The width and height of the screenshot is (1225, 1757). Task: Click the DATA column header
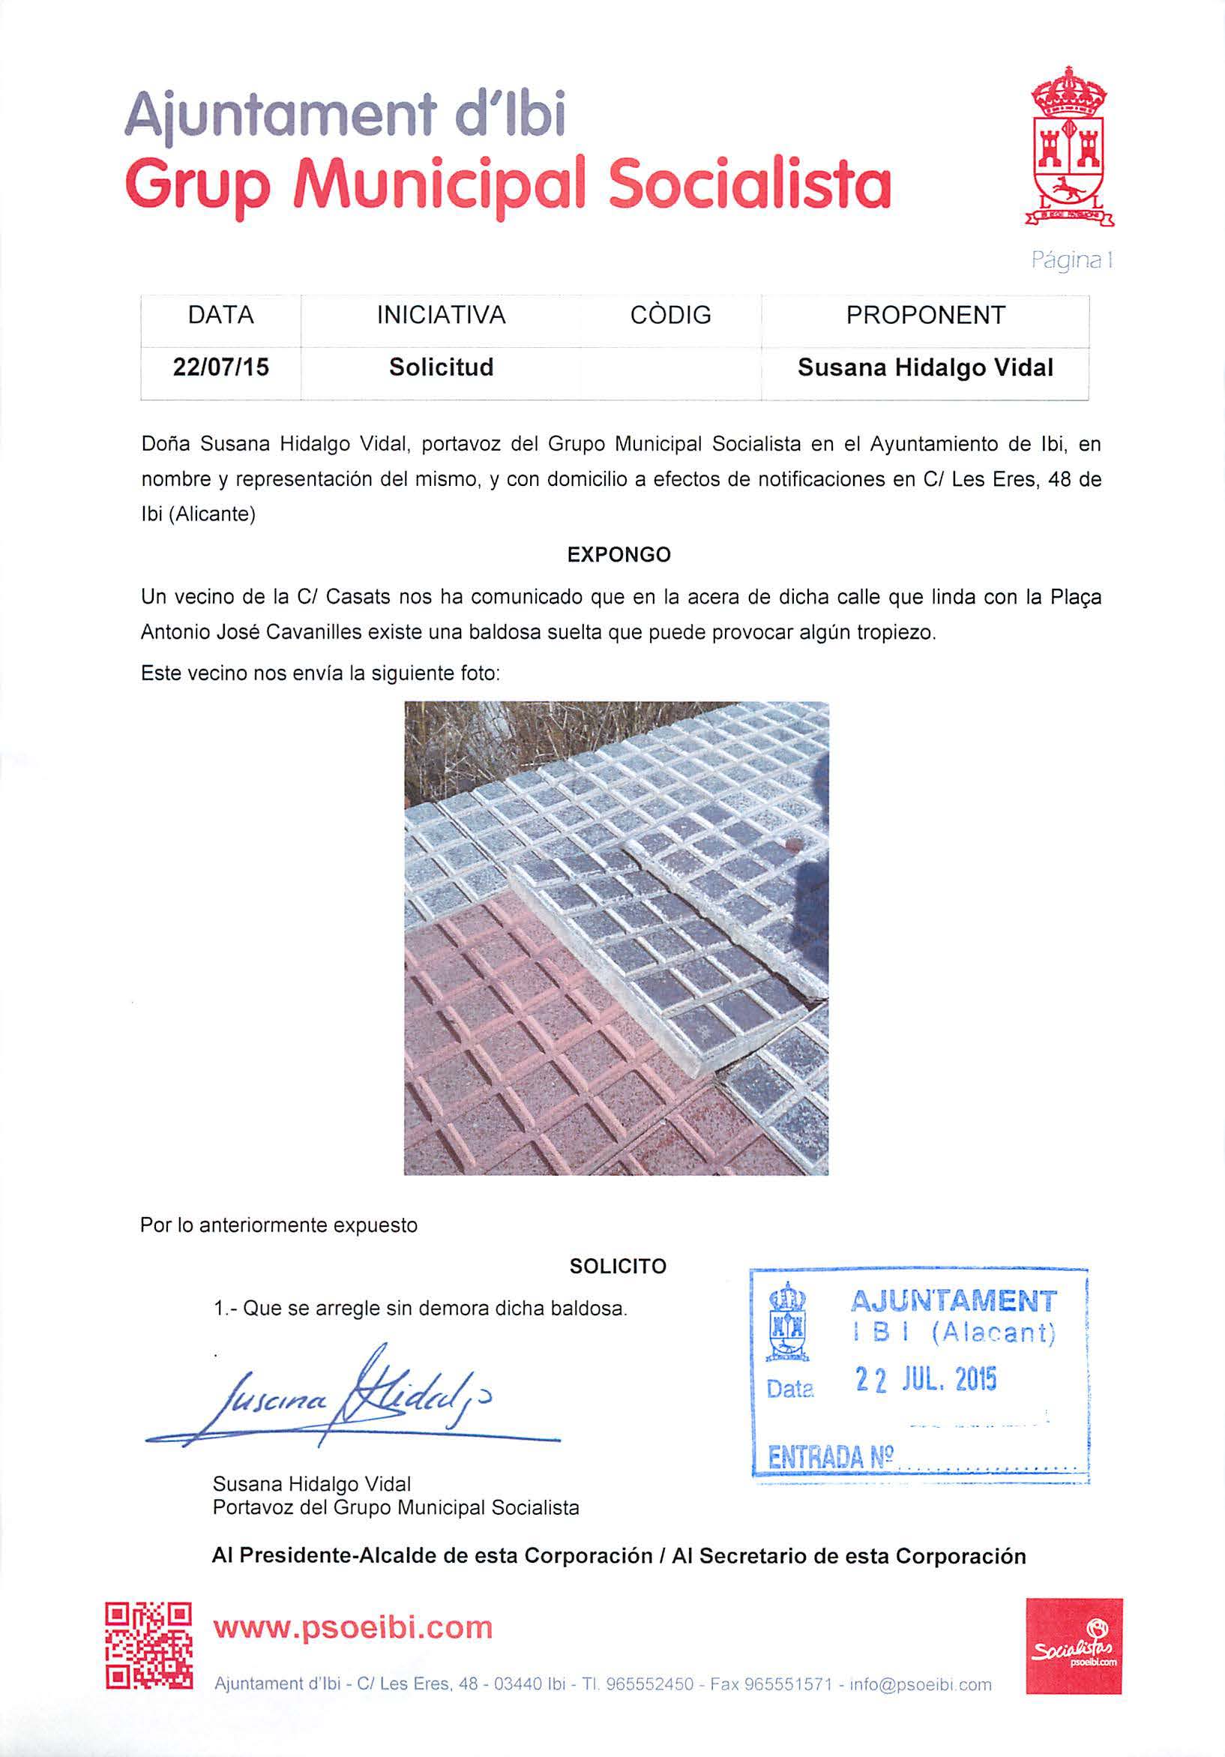220,315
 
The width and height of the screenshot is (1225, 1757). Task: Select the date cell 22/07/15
221,367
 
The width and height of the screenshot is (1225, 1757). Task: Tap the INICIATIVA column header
441,315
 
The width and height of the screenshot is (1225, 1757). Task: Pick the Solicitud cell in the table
441,367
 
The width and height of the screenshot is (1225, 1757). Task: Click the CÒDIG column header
670,315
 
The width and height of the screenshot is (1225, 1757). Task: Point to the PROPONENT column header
925,315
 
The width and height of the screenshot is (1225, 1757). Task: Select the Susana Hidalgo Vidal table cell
925,367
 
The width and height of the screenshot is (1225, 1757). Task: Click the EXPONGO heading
618,555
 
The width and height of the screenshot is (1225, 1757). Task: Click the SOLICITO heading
618,1267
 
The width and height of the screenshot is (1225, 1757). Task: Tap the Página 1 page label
1071,261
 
